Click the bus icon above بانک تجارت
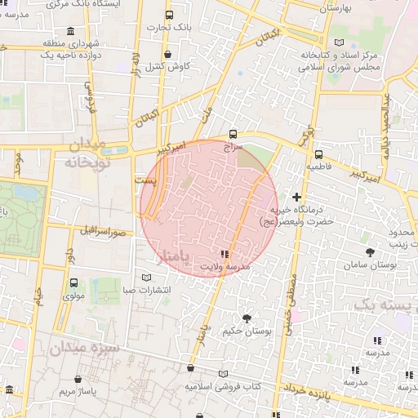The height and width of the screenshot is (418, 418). pyautogui.click(x=169, y=16)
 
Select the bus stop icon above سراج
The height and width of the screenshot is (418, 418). pyautogui.click(x=233, y=134)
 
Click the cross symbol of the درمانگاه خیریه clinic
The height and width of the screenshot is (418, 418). pyautogui.click(x=296, y=197)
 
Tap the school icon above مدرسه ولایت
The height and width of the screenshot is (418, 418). pyautogui.click(x=224, y=255)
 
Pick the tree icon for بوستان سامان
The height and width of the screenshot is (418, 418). pyautogui.click(x=371, y=252)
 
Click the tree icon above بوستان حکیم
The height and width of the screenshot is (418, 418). pyautogui.click(x=247, y=317)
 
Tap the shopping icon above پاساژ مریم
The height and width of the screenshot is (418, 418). pyautogui.click(x=78, y=380)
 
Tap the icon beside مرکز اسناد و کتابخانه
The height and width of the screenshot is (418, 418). pyautogui.click(x=339, y=42)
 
